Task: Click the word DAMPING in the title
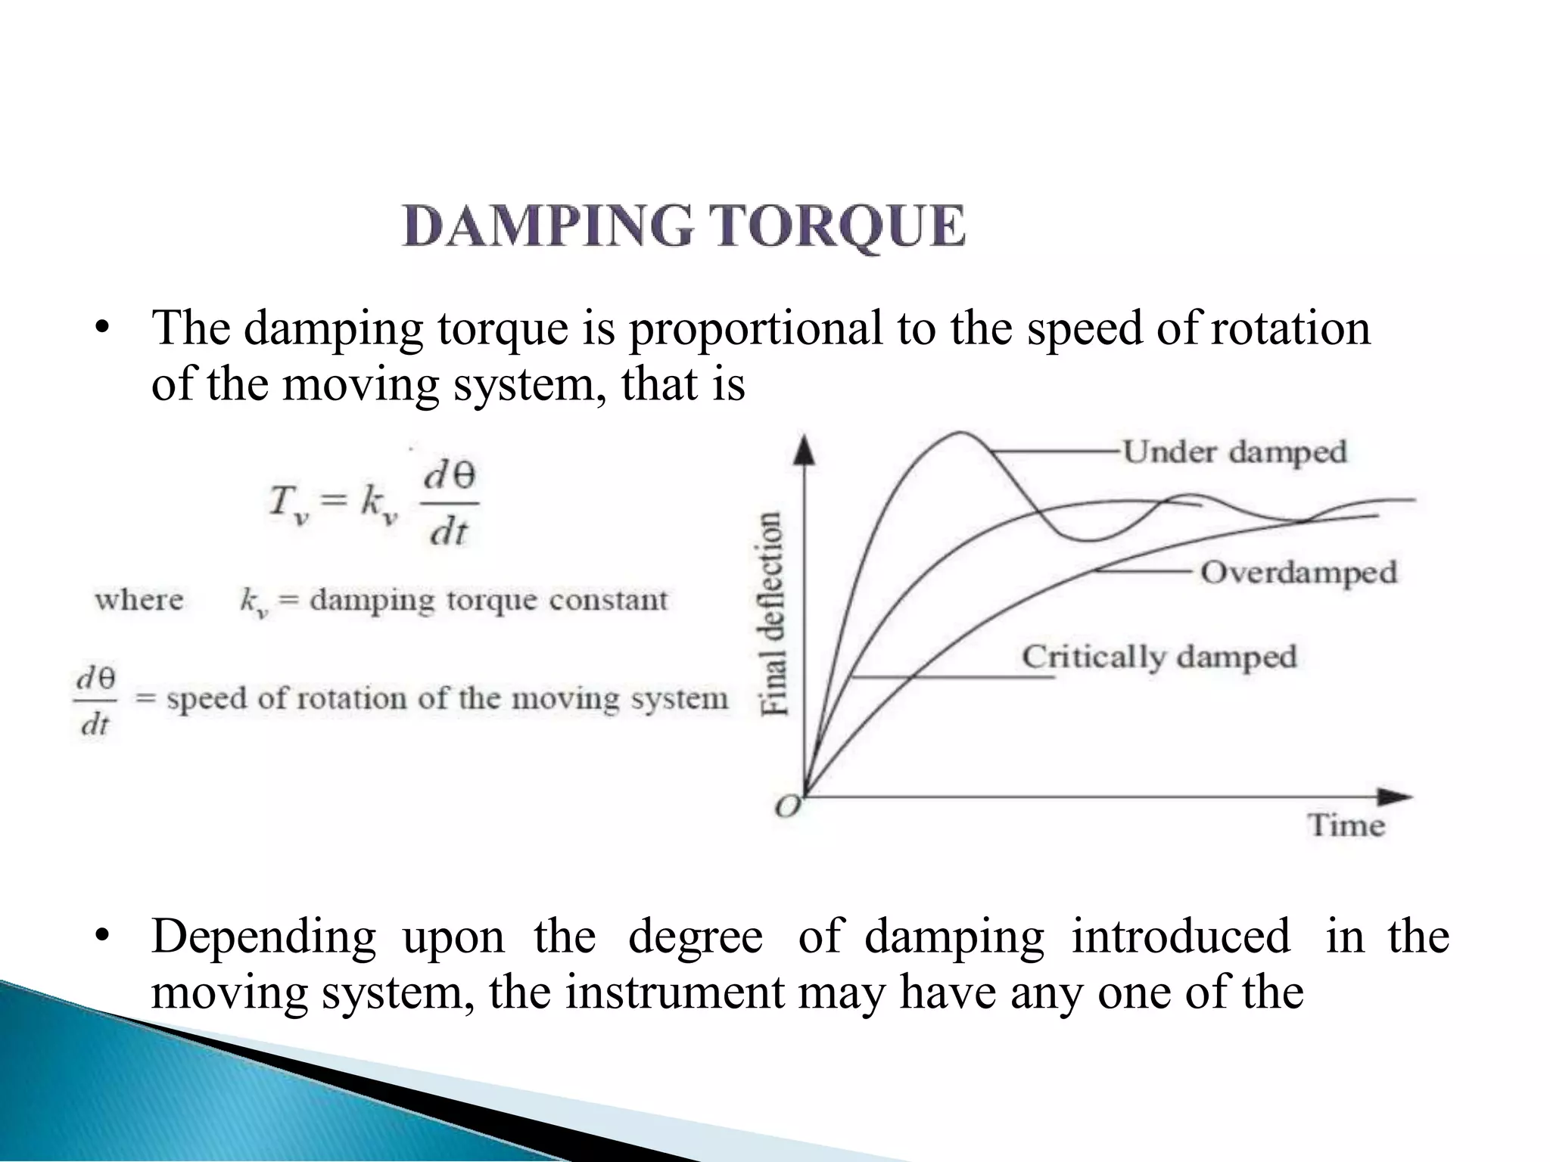point(547,226)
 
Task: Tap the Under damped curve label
point(1234,452)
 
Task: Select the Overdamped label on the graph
point(1299,573)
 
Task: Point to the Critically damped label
point(1159,657)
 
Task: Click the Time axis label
point(1346,825)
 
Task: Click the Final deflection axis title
point(772,613)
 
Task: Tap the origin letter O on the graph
point(787,807)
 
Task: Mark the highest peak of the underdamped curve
point(960,433)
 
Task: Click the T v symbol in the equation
point(288,502)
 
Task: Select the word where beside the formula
point(139,600)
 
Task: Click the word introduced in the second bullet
point(1181,937)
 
